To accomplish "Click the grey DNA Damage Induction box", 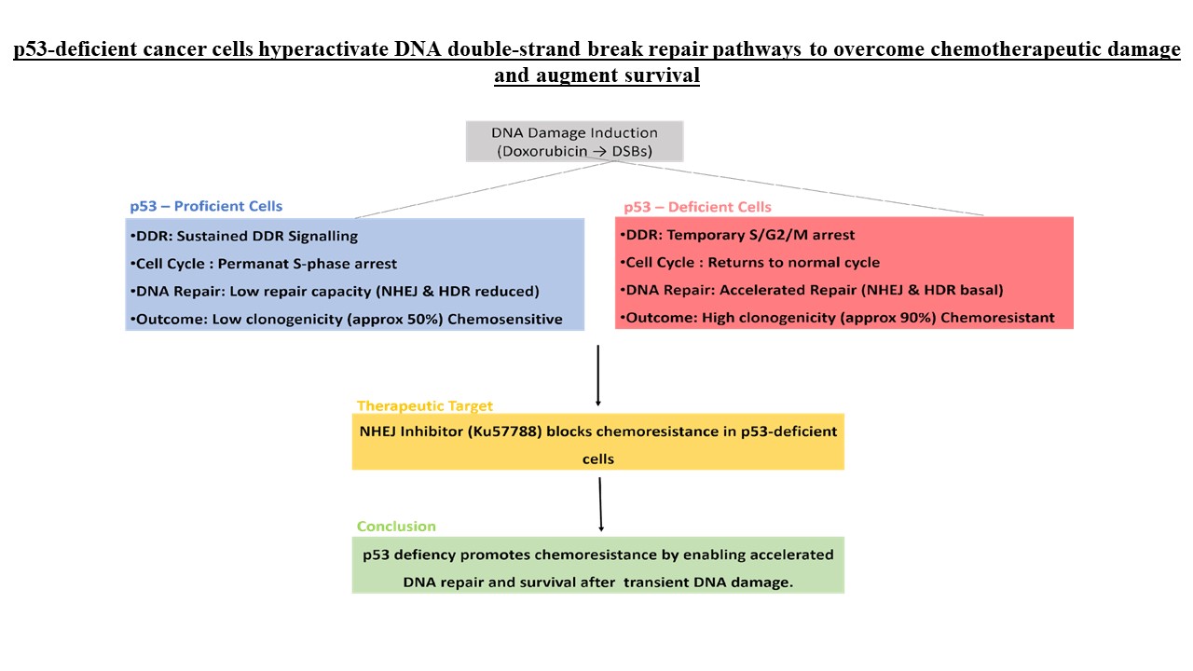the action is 574,141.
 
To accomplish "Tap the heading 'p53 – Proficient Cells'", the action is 206,206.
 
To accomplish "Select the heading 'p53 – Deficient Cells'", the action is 697,207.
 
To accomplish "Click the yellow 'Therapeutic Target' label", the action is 424,405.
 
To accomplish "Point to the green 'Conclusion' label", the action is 396,527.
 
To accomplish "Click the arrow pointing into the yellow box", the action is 598,376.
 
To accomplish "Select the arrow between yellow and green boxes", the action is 600,504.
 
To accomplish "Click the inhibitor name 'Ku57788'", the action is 504,431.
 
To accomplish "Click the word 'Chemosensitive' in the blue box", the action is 504,319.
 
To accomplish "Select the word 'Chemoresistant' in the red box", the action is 997,318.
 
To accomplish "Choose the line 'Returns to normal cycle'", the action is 793,263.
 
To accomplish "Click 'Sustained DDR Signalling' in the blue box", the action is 267,236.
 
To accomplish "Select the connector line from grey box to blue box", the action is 484,189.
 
